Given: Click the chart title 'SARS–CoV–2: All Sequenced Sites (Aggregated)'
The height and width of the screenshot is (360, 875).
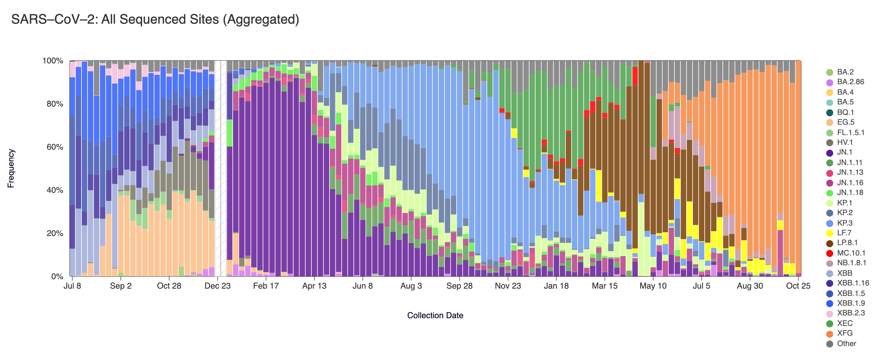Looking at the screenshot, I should tap(155, 19).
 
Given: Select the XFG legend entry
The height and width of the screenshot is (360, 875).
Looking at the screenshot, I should tap(845, 334).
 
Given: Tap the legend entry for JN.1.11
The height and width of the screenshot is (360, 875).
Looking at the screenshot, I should tap(850, 163).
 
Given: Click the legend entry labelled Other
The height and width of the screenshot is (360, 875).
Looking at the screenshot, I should tap(846, 344).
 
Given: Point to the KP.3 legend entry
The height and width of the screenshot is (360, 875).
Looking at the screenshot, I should tap(845, 223).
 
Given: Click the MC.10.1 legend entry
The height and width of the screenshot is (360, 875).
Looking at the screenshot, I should tap(851, 253).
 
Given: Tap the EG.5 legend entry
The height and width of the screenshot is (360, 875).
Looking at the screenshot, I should tap(846, 122).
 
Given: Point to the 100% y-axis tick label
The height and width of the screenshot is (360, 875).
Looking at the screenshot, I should tap(53, 61).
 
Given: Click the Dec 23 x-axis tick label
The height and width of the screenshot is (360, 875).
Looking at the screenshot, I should tap(217, 286).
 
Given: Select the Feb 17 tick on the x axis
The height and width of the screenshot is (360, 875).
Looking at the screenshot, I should tap(266, 286).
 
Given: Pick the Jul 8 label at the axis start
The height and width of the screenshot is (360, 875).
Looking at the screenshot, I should tap(72, 286).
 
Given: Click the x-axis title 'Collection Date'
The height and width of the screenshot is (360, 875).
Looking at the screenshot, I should tap(435, 315).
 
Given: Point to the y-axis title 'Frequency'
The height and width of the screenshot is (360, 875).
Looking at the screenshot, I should tap(11, 169).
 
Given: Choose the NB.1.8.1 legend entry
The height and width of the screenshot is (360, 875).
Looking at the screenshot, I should tap(851, 263).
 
